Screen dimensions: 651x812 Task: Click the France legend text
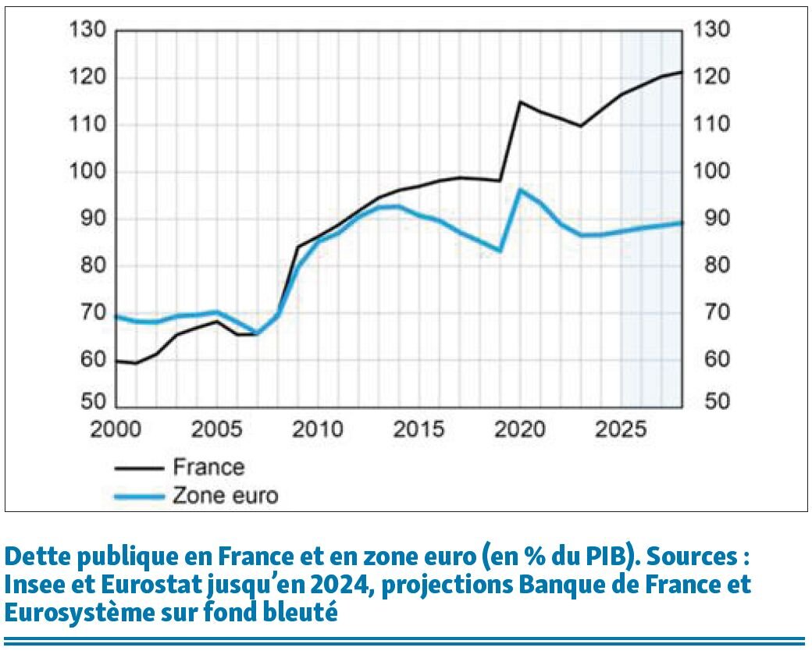pos(208,468)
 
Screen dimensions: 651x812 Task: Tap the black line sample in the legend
pos(140,468)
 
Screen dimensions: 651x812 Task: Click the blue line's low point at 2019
pos(500,251)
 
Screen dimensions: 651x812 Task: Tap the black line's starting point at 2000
pos(116,361)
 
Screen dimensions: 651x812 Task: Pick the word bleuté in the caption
pos(303,613)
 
